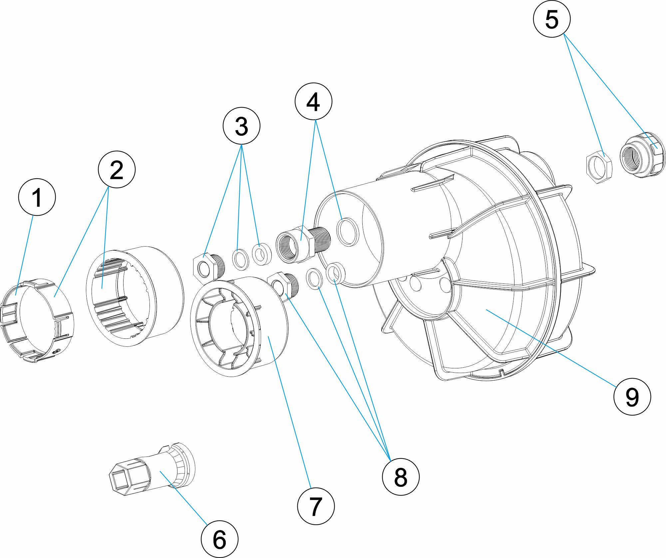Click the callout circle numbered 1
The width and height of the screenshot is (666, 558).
(x=37, y=197)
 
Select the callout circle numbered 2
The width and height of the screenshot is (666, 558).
(x=117, y=169)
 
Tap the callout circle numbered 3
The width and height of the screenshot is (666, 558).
(x=241, y=126)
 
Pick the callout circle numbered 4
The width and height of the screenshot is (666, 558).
(x=313, y=101)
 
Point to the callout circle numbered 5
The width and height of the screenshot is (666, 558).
(x=552, y=19)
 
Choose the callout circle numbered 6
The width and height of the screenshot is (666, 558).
(x=219, y=539)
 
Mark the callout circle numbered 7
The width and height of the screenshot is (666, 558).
(x=316, y=506)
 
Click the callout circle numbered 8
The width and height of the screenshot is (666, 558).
(x=401, y=477)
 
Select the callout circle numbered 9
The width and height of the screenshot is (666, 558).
(x=632, y=396)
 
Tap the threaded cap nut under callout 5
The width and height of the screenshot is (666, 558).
(x=641, y=155)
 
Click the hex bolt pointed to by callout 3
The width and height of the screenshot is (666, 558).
(x=207, y=268)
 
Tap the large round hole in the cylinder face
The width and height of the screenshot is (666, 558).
(x=348, y=232)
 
